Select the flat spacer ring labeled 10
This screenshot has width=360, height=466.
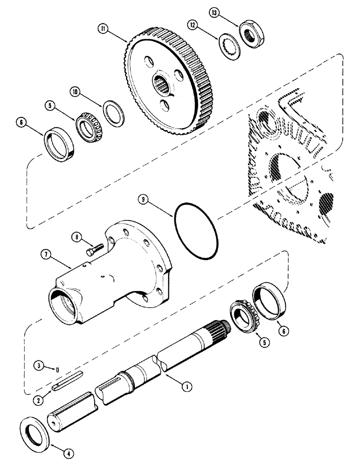(113, 112)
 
